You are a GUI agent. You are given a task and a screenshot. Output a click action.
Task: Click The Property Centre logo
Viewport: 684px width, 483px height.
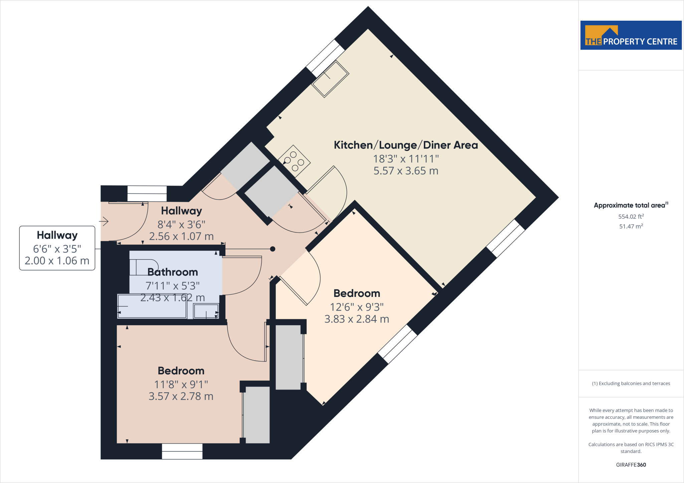tap(631, 35)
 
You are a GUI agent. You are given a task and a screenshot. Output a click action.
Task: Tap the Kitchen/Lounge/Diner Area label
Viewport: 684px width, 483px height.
tap(405, 145)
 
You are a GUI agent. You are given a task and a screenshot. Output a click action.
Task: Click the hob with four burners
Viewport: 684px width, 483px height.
tap(294, 161)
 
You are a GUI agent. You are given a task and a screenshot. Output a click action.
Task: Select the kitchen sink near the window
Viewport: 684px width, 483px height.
tap(330, 79)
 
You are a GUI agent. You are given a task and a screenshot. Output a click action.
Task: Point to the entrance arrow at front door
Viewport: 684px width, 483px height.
tap(104, 221)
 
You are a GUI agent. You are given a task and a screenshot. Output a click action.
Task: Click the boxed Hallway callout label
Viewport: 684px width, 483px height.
tap(57, 248)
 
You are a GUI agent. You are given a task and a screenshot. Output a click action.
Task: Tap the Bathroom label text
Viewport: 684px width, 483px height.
tap(173, 272)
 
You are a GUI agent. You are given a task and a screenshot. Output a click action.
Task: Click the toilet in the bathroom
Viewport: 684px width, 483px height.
tap(144, 267)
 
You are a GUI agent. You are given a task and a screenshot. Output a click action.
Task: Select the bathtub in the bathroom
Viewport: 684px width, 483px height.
tap(152, 306)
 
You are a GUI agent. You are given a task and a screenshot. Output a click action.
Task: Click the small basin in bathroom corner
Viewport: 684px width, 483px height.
tap(206, 311)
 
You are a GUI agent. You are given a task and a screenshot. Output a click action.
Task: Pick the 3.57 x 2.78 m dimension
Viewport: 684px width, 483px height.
tap(181, 396)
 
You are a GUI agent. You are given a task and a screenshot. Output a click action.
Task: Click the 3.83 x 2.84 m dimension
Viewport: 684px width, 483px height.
tap(357, 319)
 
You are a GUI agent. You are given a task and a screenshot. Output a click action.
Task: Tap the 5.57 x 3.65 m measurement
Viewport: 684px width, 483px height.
tap(405, 171)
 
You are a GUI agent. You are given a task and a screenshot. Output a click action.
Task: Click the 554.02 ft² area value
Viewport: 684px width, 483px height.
tap(631, 216)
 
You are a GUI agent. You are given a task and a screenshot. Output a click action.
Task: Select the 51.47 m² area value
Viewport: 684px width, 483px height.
tap(631, 226)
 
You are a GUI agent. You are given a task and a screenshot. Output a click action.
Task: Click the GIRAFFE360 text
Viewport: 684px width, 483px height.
tap(631, 465)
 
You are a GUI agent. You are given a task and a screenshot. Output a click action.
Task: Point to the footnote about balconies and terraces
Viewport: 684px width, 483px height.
tap(631, 383)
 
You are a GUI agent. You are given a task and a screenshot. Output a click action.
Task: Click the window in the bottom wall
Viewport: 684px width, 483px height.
tap(182, 451)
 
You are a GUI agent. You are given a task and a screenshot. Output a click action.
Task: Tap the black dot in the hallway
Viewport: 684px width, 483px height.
tap(273, 249)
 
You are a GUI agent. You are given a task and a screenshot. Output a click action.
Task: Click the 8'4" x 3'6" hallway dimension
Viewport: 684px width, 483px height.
tap(181, 224)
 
